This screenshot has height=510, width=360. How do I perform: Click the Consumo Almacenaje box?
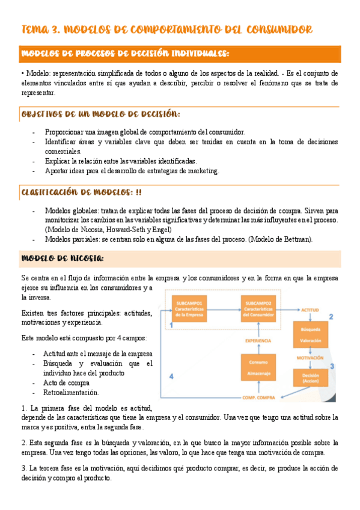coord(258,368)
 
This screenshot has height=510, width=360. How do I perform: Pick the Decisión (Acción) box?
coord(311,377)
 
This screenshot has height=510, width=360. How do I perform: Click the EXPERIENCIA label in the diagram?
coord(258,340)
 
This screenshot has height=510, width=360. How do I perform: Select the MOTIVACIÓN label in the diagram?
coord(311,357)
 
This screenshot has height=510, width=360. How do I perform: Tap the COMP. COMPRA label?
coord(259,398)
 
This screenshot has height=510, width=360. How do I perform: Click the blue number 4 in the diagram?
coord(171,376)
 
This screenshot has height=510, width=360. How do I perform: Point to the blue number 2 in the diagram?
coord(331,316)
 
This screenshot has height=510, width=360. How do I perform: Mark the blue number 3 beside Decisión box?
coord(332,366)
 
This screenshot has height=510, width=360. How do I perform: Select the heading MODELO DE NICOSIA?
coord(63,259)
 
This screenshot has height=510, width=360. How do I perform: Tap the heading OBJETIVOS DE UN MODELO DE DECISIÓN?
coord(100,114)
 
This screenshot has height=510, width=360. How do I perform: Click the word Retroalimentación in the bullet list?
coord(71,393)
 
